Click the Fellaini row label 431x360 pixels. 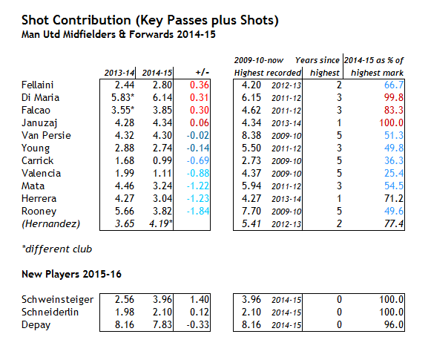pyautogui.click(x=37, y=85)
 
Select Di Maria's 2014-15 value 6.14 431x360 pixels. pyautogui.click(x=162, y=97)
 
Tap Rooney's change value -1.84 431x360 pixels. pyautogui.click(x=198, y=211)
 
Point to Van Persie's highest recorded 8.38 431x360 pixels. pyautogui.click(x=251, y=135)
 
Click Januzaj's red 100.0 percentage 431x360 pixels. pyautogui.click(x=392, y=122)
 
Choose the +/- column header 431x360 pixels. pyautogui.click(x=203, y=73)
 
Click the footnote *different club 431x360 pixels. pyautogui.click(x=57, y=249)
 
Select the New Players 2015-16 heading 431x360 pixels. pyautogui.click(x=71, y=274)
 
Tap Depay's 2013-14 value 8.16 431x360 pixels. pyautogui.click(x=125, y=324)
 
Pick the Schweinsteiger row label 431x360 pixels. pyautogui.click(x=57, y=300)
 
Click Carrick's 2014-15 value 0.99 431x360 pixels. pyautogui.click(x=162, y=160)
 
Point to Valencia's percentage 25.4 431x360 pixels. pyautogui.click(x=394, y=173)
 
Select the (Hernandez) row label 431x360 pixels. pyautogui.click(x=51, y=224)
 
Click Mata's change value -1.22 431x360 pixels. pyautogui.click(x=198, y=186)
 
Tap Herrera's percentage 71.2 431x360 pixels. pyautogui.click(x=394, y=199)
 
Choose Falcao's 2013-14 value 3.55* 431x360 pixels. pyautogui.click(x=123, y=110)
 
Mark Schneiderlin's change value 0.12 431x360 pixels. pyautogui.click(x=200, y=312)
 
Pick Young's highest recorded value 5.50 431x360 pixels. pyautogui.click(x=251, y=148)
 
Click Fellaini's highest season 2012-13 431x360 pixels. pyautogui.click(x=286, y=85)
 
